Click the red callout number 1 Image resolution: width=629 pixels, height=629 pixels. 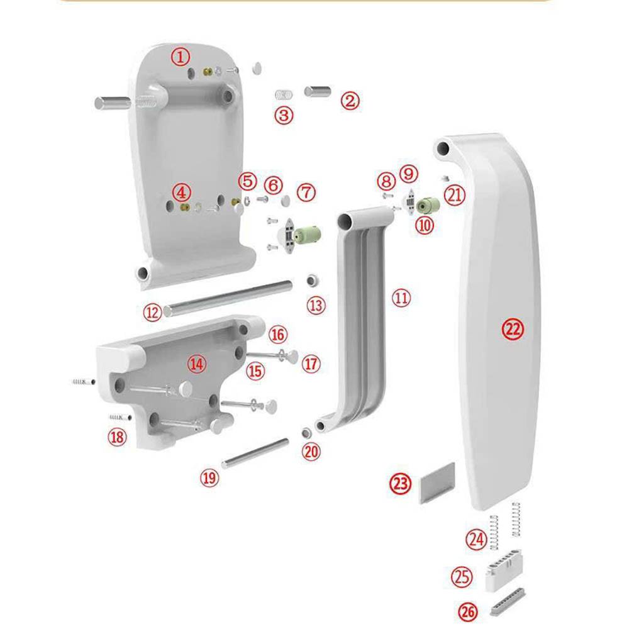click(x=181, y=57)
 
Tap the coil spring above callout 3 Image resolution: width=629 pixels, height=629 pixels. click(x=284, y=95)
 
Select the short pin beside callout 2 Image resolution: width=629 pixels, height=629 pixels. click(x=318, y=91)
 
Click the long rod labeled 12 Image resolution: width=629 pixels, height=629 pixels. click(x=228, y=298)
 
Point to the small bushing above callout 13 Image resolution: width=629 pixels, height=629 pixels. click(x=313, y=280)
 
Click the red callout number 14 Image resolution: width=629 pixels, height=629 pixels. click(x=196, y=364)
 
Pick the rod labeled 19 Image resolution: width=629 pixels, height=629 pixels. click(x=255, y=454)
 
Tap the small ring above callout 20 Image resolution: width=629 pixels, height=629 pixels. click(x=307, y=433)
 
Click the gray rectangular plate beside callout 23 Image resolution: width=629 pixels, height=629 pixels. click(x=437, y=482)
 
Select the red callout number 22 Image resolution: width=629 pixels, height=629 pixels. click(x=513, y=329)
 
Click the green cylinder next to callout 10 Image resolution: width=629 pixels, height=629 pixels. click(x=428, y=205)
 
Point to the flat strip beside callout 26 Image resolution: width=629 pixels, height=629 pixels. click(x=508, y=602)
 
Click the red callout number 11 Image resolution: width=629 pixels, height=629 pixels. click(x=401, y=298)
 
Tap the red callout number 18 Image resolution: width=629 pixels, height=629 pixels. click(x=117, y=437)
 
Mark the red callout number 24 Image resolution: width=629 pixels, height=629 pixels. click(x=476, y=539)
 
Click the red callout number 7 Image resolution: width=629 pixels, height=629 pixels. click(x=306, y=192)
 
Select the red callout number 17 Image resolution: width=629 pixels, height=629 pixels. click(x=311, y=364)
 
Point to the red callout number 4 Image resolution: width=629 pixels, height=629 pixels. click(x=181, y=192)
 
